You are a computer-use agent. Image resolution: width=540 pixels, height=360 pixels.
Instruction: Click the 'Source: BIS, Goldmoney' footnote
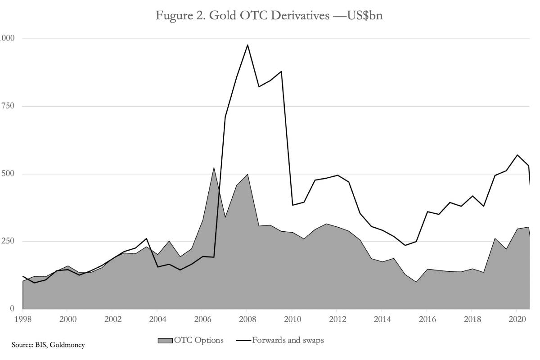(x=48, y=346)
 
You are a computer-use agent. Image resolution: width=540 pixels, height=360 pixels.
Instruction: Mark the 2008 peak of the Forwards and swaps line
(x=247, y=45)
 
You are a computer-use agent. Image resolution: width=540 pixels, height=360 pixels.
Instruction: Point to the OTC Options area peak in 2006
(x=214, y=167)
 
